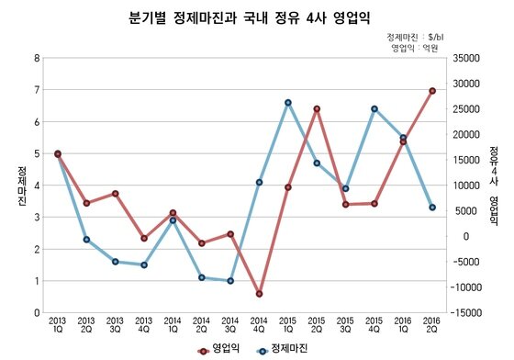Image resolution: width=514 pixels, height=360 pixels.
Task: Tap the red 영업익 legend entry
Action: [220, 349]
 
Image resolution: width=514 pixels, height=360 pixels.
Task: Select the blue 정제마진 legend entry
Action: [284, 349]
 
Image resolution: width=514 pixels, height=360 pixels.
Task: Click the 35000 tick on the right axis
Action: [469, 58]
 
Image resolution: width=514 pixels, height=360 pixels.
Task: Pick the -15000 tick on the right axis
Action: [469, 313]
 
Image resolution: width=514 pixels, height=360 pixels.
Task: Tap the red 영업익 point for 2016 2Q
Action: [431, 91]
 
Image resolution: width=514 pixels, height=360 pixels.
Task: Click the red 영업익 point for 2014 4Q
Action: [260, 294]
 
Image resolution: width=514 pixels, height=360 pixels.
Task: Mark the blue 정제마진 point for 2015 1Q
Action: [288, 103]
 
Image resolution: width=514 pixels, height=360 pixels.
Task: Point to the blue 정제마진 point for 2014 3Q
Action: [230, 281]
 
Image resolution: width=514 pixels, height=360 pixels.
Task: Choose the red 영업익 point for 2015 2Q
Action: [317, 109]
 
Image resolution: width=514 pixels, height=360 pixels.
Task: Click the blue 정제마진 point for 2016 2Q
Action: [431, 208]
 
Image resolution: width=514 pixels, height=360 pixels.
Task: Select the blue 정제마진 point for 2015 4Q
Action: [374, 109]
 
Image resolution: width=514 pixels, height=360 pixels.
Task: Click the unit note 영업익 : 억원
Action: [418, 47]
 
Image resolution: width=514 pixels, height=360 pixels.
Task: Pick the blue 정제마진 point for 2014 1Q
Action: [173, 220]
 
